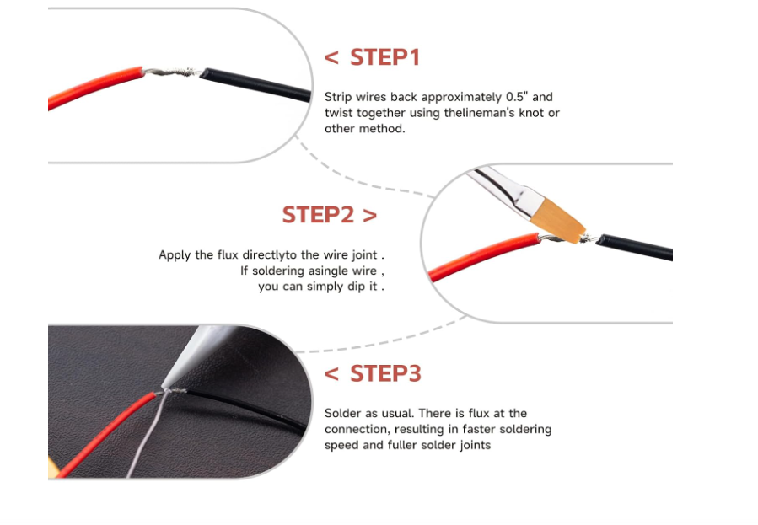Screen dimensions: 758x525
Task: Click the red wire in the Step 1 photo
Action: point(94,87)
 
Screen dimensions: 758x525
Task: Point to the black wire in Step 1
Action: point(256,84)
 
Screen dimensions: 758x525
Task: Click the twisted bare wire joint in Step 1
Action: point(172,73)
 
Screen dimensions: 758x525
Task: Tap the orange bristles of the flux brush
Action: point(558,222)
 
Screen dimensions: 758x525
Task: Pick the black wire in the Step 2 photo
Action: point(634,246)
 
